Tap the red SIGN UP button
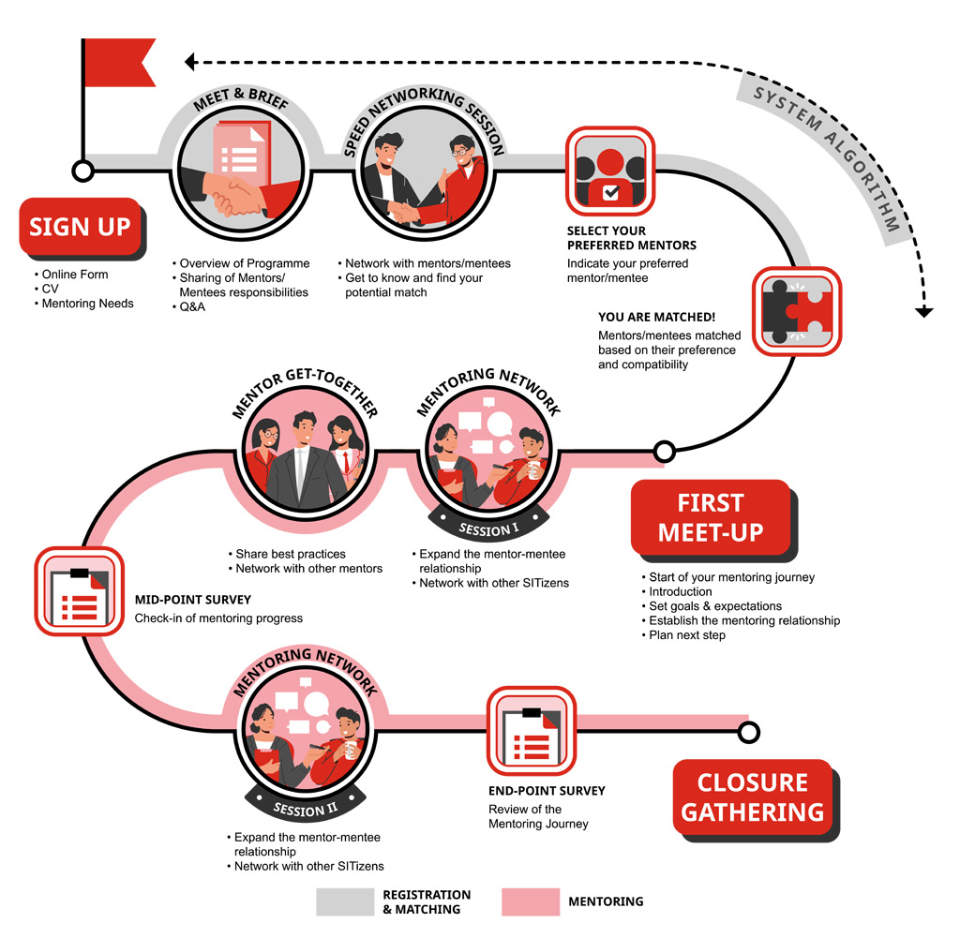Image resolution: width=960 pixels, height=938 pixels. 80,226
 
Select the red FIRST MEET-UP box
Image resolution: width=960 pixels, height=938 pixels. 710,517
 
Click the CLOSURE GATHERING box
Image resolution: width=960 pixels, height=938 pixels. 752,797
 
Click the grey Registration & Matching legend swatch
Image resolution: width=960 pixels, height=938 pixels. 345,901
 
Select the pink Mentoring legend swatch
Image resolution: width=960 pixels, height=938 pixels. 531,901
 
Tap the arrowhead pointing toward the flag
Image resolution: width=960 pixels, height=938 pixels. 189,62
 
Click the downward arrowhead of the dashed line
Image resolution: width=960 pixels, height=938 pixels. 924,311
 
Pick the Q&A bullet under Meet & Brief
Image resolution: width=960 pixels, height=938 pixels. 192,307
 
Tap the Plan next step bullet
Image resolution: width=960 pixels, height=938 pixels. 686,635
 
